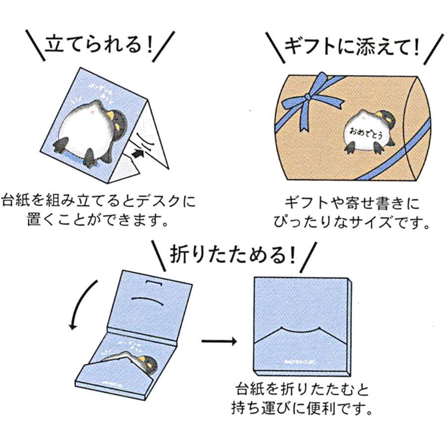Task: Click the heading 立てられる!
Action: tap(99, 46)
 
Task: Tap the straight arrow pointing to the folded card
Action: tap(219, 341)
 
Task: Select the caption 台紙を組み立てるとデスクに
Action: tap(99, 201)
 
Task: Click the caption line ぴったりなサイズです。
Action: tap(352, 221)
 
